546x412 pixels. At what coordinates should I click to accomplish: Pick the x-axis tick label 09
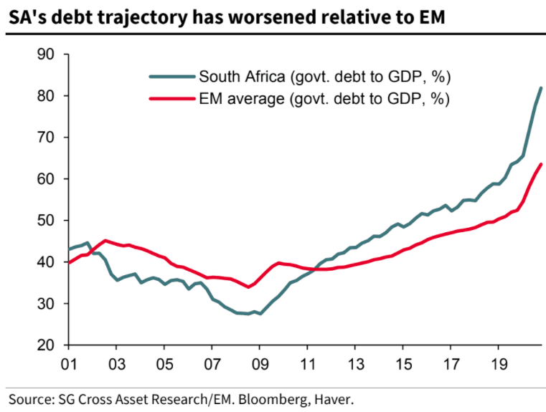coord(259,363)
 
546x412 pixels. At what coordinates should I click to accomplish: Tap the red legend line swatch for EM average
coord(172,98)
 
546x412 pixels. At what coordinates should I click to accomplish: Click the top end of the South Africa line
coord(541,88)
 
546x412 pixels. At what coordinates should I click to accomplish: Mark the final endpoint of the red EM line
coord(541,164)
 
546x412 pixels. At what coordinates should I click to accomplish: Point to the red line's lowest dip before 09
coord(248,287)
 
